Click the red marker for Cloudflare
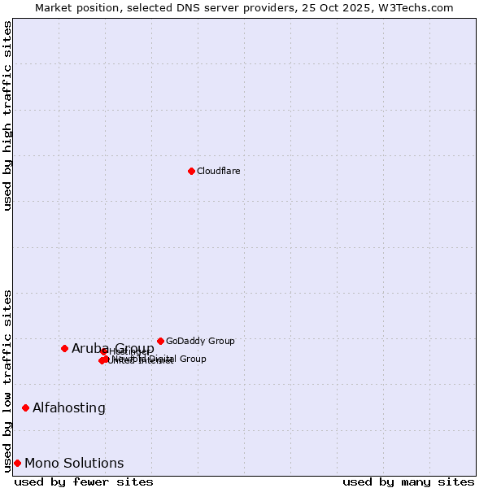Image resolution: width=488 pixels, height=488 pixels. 191,171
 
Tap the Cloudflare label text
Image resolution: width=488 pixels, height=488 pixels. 219,171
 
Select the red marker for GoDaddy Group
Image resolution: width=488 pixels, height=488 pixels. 160,341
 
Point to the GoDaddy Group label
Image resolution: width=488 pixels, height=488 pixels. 200,341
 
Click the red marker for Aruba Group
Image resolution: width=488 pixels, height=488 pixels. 64,348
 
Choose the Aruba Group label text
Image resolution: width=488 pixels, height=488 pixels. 113,348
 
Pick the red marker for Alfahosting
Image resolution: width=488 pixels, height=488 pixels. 25,407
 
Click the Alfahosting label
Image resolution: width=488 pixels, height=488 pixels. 69,407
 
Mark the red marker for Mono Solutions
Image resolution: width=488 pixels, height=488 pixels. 17,463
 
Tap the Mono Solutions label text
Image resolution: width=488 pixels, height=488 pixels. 74,463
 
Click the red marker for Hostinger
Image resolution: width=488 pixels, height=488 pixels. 104,351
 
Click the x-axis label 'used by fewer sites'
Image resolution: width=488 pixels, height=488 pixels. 84,481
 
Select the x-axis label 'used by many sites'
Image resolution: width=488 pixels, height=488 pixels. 408,481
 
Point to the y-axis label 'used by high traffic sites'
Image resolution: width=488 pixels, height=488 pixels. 7,115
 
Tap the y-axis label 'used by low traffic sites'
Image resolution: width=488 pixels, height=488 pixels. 7,381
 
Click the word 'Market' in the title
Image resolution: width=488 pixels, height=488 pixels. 54,7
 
